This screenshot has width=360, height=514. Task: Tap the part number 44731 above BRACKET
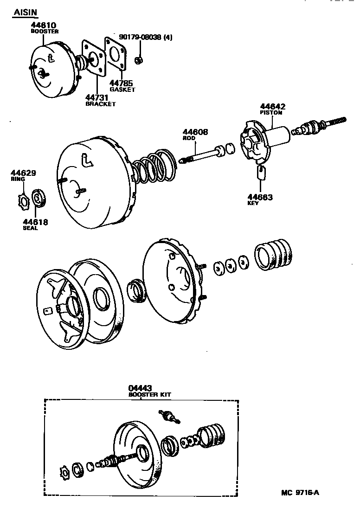pyautogui.click(x=98, y=97)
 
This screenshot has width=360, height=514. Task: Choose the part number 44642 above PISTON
pyautogui.click(x=272, y=106)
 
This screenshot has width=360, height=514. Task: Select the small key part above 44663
pyautogui.click(x=261, y=173)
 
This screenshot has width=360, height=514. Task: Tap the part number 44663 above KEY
pyautogui.click(x=260, y=197)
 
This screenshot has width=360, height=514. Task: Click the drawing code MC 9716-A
pyautogui.click(x=300, y=492)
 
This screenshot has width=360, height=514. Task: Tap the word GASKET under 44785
pyautogui.click(x=122, y=90)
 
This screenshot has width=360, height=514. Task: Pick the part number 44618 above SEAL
pyautogui.click(x=35, y=222)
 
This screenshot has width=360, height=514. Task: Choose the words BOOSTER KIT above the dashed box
pyautogui.click(x=150, y=394)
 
